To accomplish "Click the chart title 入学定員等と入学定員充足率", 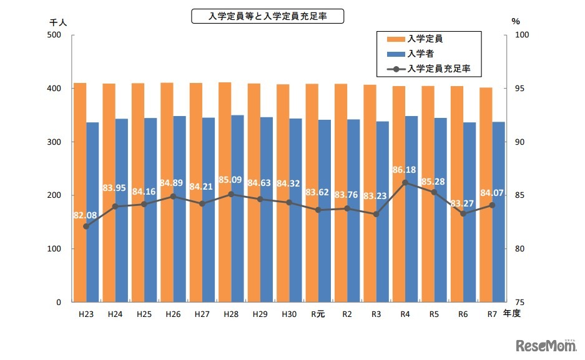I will tap(267, 16).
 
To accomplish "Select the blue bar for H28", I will tap(237, 208).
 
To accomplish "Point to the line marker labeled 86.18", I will tap(405, 183).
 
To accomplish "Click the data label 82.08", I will tap(85, 215).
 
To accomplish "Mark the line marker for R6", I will tap(463, 214).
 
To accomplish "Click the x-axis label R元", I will tap(318, 314).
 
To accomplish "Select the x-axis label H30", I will tap(288, 314).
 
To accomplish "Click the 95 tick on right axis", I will tap(519, 89).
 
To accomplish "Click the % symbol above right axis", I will tap(515, 21).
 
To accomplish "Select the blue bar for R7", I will tap(498, 212).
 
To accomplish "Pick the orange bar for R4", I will tap(398, 194).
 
